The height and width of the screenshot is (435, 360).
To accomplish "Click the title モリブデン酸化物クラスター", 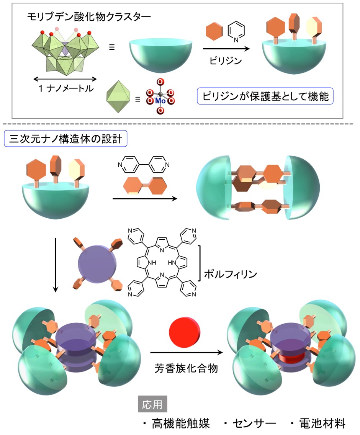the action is (x=89, y=16).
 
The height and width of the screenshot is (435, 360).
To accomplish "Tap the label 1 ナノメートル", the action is (x=66, y=88).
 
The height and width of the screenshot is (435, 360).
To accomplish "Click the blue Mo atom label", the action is (x=160, y=101).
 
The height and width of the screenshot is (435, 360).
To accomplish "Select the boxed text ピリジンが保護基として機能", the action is (x=265, y=96).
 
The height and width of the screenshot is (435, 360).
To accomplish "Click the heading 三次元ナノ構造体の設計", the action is (x=65, y=139).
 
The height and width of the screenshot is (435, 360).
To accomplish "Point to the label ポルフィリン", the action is (x=231, y=274).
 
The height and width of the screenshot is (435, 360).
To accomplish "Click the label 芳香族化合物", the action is (x=186, y=368).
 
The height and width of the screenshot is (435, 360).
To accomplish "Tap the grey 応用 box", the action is (x=152, y=404).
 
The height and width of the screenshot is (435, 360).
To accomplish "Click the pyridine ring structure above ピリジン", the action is (x=236, y=32).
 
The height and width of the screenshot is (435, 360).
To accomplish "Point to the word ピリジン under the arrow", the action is (x=226, y=61).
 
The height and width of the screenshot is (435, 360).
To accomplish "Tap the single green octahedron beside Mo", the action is (x=118, y=96).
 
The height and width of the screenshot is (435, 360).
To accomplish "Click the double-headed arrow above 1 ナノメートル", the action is (x=65, y=79).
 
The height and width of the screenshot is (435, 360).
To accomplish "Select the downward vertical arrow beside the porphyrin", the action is (x=56, y=265).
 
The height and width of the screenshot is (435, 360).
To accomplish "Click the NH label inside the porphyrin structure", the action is (x=152, y=262).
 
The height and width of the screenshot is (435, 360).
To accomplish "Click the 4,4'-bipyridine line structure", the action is (x=144, y=165).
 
